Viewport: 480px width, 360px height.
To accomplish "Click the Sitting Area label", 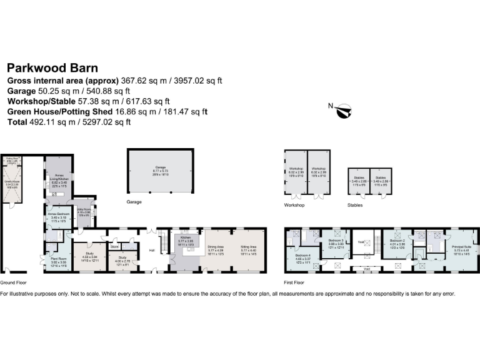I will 249,247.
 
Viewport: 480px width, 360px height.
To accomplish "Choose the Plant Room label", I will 59,257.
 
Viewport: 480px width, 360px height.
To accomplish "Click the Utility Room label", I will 83,210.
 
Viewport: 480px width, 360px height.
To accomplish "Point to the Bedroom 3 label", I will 336,241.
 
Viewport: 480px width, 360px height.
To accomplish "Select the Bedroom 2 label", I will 398,241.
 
